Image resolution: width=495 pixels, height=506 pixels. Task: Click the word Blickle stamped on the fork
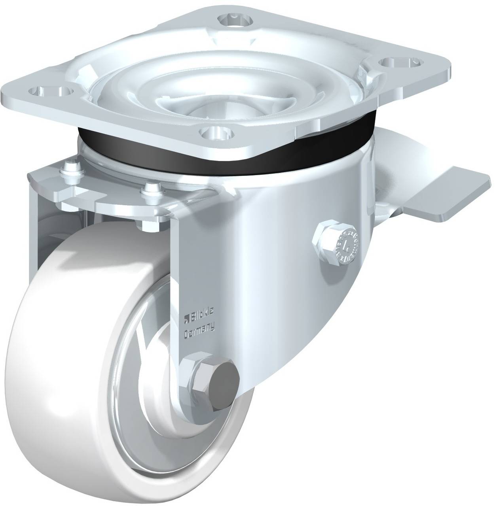[x=203, y=312]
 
